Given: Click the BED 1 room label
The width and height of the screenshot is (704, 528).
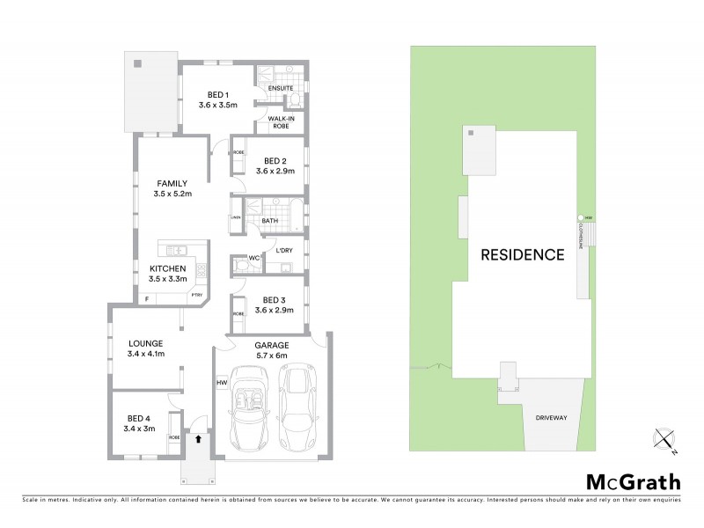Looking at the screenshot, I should pyautogui.click(x=218, y=95).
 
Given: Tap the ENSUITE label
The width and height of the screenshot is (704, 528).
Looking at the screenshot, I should pyautogui.click(x=281, y=88).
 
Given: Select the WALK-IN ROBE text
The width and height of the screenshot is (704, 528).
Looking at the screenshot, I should pyautogui.click(x=281, y=121).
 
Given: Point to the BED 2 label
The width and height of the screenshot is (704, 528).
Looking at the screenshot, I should pyautogui.click(x=275, y=160).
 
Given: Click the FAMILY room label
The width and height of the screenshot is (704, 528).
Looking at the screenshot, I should pyautogui.click(x=172, y=183).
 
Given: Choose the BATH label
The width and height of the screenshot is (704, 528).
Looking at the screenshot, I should pyautogui.click(x=269, y=221).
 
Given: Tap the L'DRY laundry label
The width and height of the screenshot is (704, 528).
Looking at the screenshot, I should pyautogui.click(x=283, y=252).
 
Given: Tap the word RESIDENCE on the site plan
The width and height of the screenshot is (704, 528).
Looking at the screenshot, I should pyautogui.click(x=522, y=255).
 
